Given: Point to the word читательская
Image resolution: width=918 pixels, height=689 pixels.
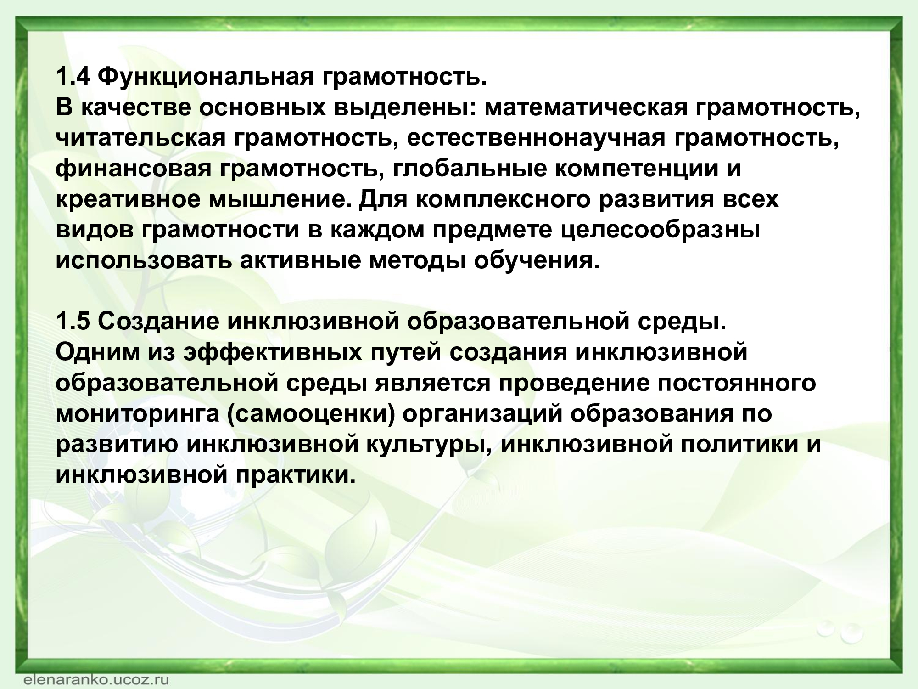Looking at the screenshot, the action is [142, 138].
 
